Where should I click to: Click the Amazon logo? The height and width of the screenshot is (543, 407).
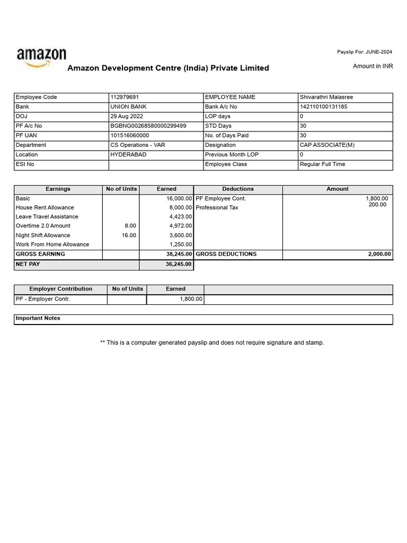tap(41, 57)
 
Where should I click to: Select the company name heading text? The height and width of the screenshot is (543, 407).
tap(168, 68)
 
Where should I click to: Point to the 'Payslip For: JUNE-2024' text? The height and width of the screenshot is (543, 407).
tap(365, 52)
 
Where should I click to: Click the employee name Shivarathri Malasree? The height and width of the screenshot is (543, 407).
tap(326, 98)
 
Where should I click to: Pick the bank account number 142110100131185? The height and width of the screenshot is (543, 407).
tap(324, 107)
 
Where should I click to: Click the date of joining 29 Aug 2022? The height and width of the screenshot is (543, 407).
tap(127, 117)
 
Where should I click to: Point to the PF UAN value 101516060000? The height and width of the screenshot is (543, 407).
tap(130, 136)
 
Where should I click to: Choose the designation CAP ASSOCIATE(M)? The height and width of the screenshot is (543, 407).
tap(327, 145)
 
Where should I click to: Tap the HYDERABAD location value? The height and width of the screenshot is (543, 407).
tap(128, 155)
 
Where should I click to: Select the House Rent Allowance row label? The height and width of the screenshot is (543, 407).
tap(45, 208)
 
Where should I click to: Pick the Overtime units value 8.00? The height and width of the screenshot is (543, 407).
tap(130, 226)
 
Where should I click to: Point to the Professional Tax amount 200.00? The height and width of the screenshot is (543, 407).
tap(377, 205)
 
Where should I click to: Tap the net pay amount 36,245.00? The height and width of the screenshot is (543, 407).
tap(179, 264)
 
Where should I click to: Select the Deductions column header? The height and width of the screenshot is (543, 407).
tap(238, 189)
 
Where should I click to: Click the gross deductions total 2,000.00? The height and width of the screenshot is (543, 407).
tap(379, 255)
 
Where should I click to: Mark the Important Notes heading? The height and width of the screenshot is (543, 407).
tap(38, 319)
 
